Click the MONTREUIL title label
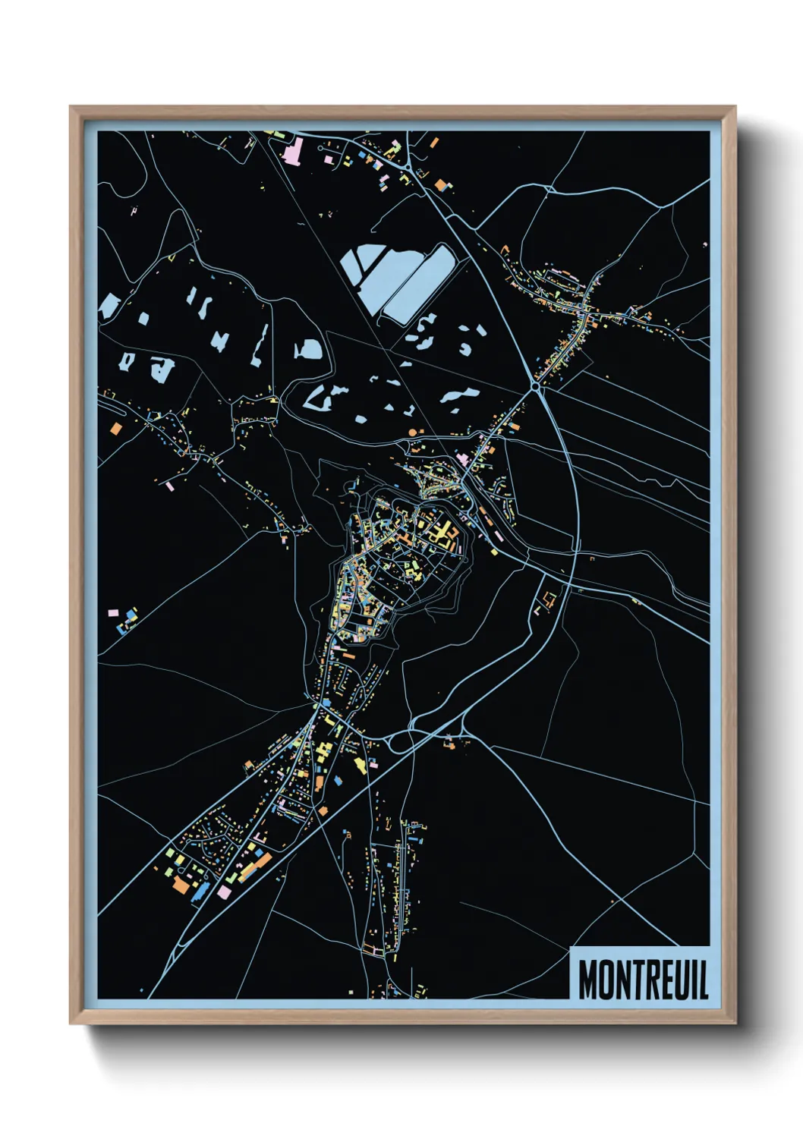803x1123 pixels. point(642,979)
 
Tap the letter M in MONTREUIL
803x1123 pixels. point(588,980)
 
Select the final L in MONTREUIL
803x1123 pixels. point(703,980)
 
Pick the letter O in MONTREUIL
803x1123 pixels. point(605,980)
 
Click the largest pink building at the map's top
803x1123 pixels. point(292,150)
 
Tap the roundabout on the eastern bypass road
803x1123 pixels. point(536,387)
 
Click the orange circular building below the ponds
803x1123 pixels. point(413,432)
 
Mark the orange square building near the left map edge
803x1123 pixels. point(115,428)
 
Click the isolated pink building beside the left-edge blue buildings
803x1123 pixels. point(113,612)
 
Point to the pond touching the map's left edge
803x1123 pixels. point(108,306)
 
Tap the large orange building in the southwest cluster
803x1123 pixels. point(181,884)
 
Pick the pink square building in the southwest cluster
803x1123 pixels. point(223,892)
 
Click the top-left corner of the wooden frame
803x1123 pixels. point(71,107)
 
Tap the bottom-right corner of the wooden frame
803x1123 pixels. point(735,1023)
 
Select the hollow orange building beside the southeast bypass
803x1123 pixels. point(550,599)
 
